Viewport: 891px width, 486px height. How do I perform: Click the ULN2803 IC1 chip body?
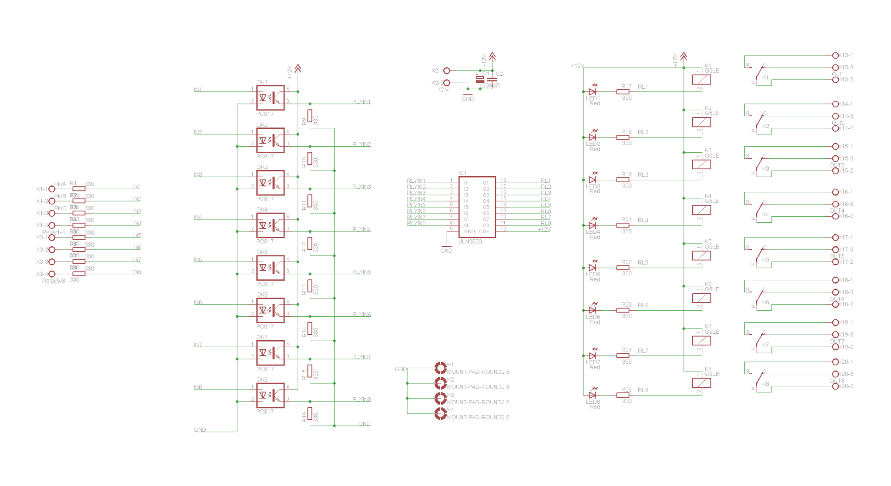(x=476, y=207)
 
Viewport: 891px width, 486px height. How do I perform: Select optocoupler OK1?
(x=270, y=97)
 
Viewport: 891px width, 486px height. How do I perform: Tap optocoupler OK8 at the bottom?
(x=270, y=396)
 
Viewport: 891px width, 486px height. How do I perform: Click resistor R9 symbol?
(x=310, y=116)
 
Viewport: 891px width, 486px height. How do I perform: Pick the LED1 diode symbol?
(x=592, y=92)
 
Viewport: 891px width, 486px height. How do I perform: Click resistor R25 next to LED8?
(x=623, y=395)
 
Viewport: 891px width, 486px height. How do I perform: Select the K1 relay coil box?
(x=701, y=80)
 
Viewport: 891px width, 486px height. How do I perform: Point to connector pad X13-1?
(x=835, y=56)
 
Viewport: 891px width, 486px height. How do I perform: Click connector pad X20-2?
(x=835, y=386)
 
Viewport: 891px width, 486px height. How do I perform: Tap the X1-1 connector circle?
(x=52, y=189)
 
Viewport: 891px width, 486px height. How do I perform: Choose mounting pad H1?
(x=440, y=368)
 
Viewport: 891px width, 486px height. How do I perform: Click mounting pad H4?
(x=440, y=414)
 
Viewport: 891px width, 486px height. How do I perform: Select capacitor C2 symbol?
(x=492, y=80)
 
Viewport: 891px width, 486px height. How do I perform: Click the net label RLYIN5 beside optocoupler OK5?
(x=361, y=272)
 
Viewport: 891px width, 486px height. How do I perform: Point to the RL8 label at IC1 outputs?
(x=546, y=223)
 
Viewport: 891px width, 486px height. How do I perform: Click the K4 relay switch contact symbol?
(x=759, y=210)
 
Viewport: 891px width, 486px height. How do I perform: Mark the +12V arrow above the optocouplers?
(x=298, y=68)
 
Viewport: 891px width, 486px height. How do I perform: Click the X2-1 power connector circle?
(x=446, y=70)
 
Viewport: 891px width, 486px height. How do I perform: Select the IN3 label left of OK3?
(x=198, y=174)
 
